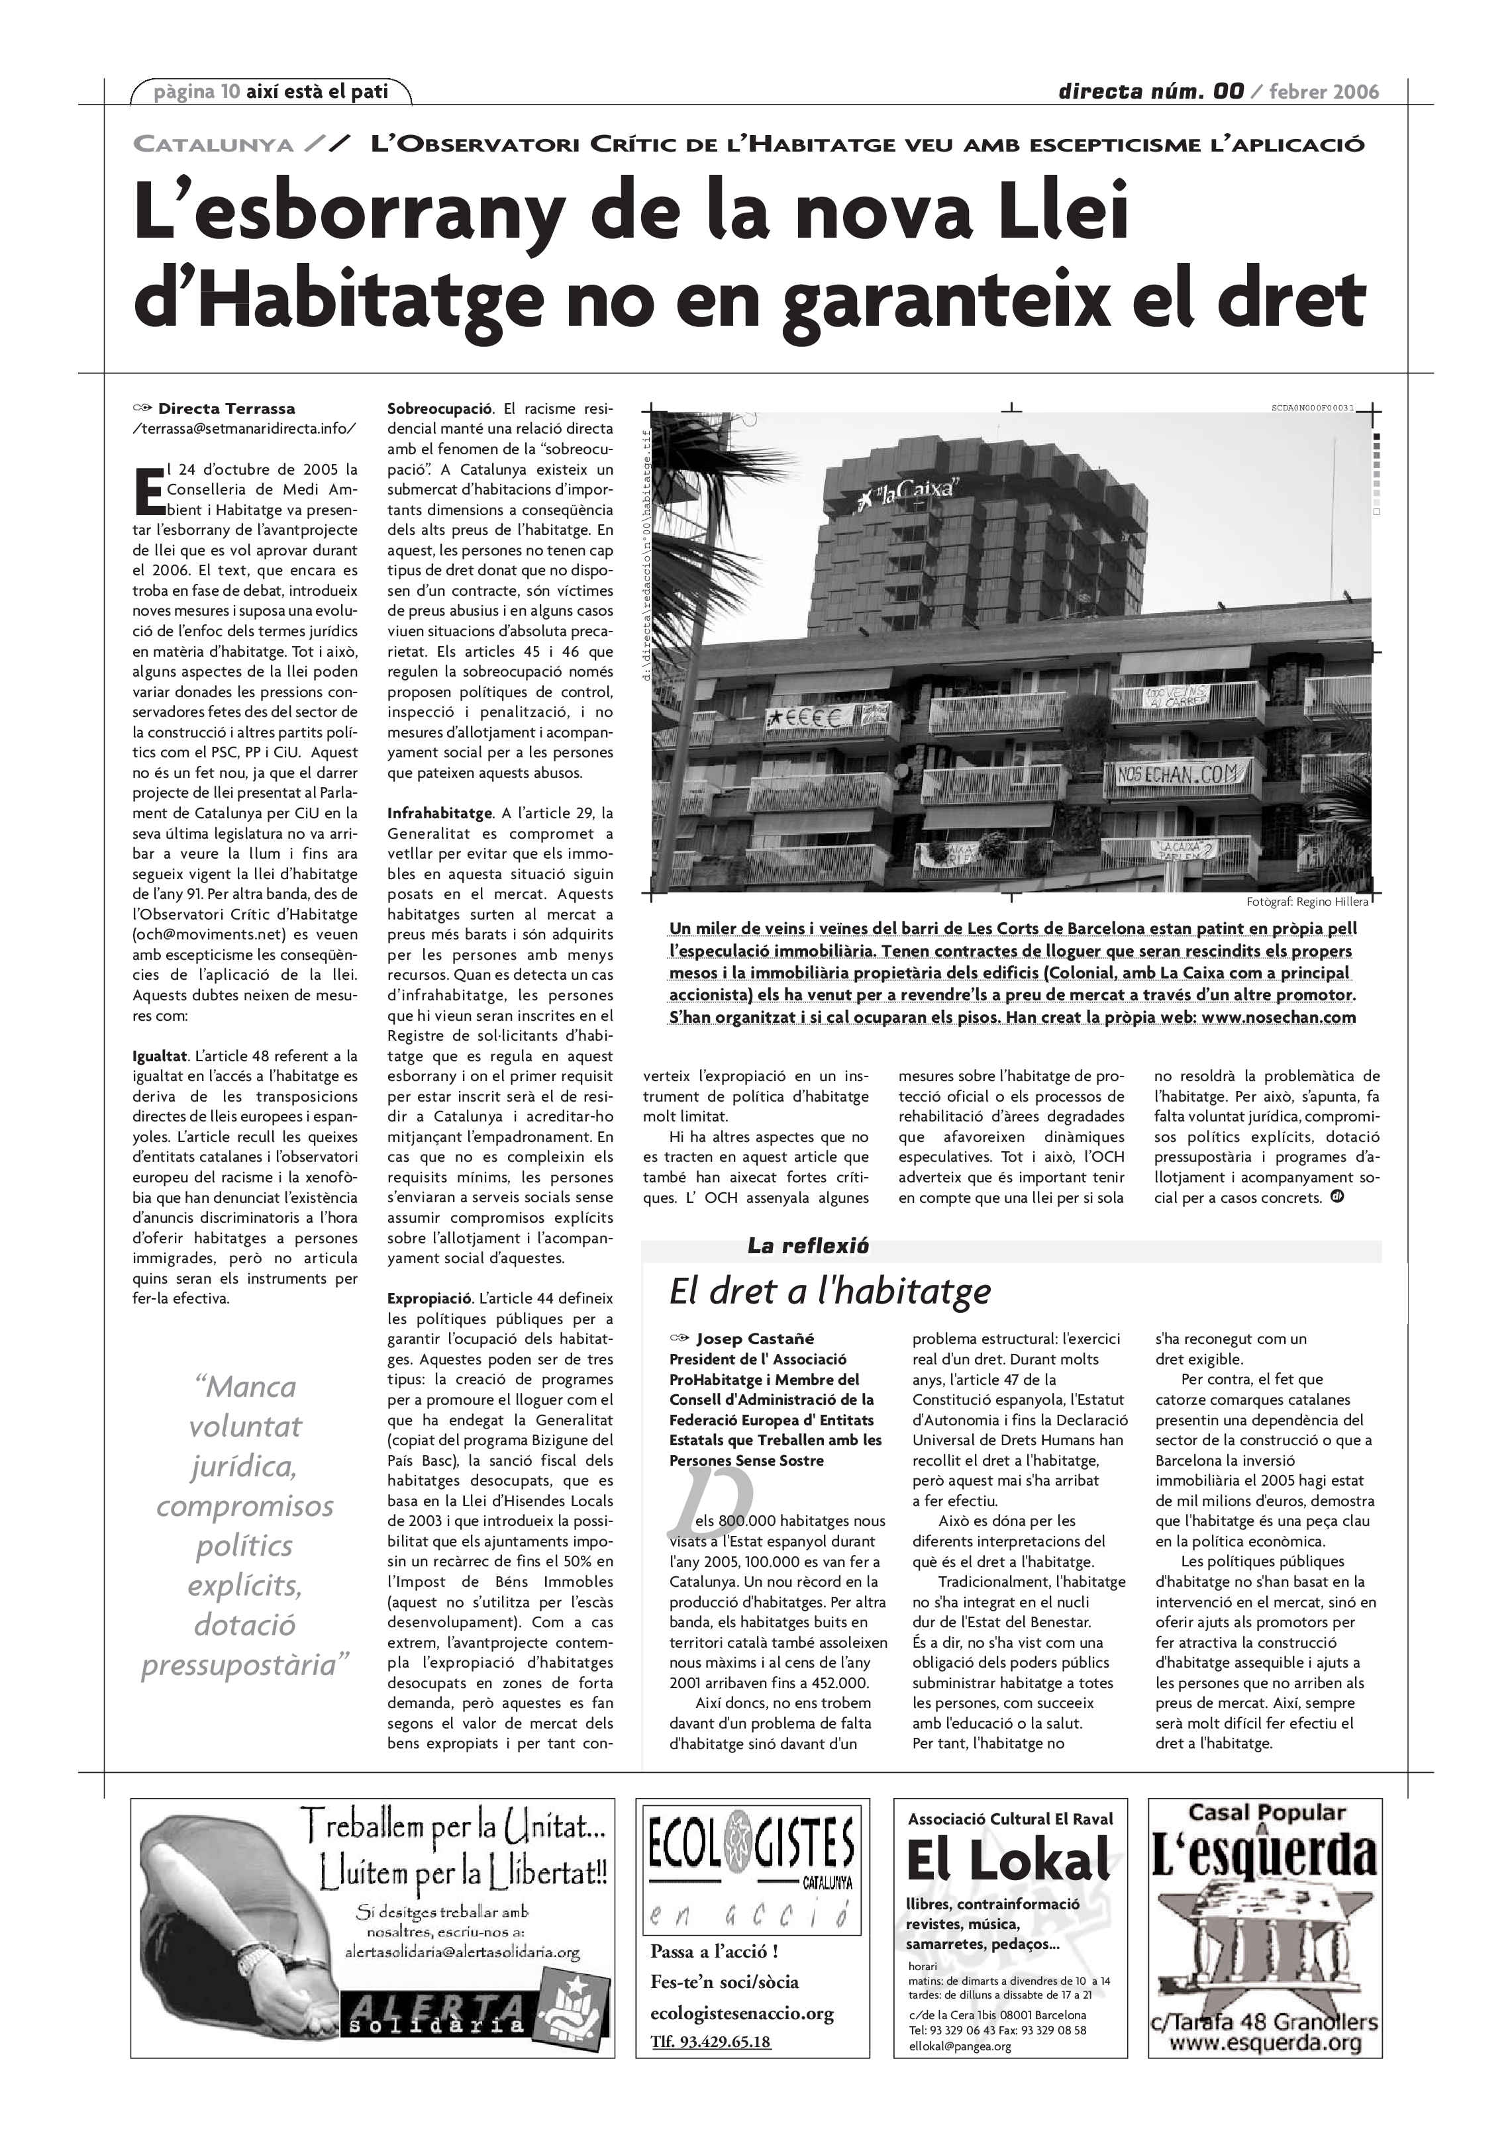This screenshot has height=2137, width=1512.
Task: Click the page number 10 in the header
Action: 230,91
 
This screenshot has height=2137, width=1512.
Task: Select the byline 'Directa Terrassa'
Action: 227,408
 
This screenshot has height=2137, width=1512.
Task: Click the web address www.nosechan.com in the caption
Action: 1278,1018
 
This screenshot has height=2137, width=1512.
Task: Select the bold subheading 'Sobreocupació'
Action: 440,408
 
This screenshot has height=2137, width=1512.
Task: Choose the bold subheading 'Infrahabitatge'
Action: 440,814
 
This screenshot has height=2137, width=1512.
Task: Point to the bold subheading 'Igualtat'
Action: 160,1057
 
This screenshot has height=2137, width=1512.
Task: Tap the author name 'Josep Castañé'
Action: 755,1339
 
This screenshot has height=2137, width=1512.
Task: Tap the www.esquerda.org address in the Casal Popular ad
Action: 1264,2044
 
